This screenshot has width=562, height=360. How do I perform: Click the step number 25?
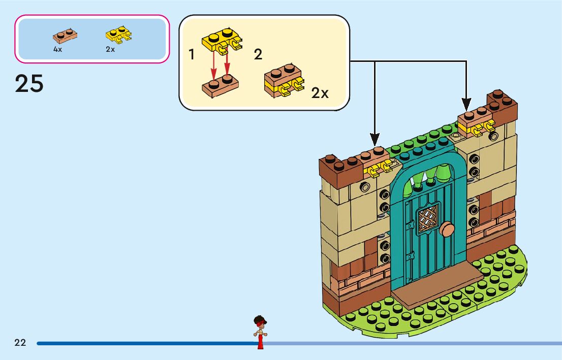(29, 84)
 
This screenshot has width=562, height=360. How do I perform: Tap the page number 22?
(20, 343)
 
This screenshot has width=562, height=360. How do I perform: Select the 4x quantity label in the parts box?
(57, 49)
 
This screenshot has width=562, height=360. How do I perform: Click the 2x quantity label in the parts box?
(110, 49)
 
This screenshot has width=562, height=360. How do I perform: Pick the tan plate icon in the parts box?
(66, 36)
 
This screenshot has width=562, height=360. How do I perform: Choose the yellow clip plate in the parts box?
(118, 35)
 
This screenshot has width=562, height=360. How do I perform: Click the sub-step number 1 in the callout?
(192, 55)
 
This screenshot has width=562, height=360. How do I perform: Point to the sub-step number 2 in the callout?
(258, 55)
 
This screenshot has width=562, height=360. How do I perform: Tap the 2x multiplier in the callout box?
(320, 93)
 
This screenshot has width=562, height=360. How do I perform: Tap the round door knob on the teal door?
(447, 229)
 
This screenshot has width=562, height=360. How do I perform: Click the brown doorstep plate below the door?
(437, 290)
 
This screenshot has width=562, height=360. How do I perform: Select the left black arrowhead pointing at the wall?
(375, 138)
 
